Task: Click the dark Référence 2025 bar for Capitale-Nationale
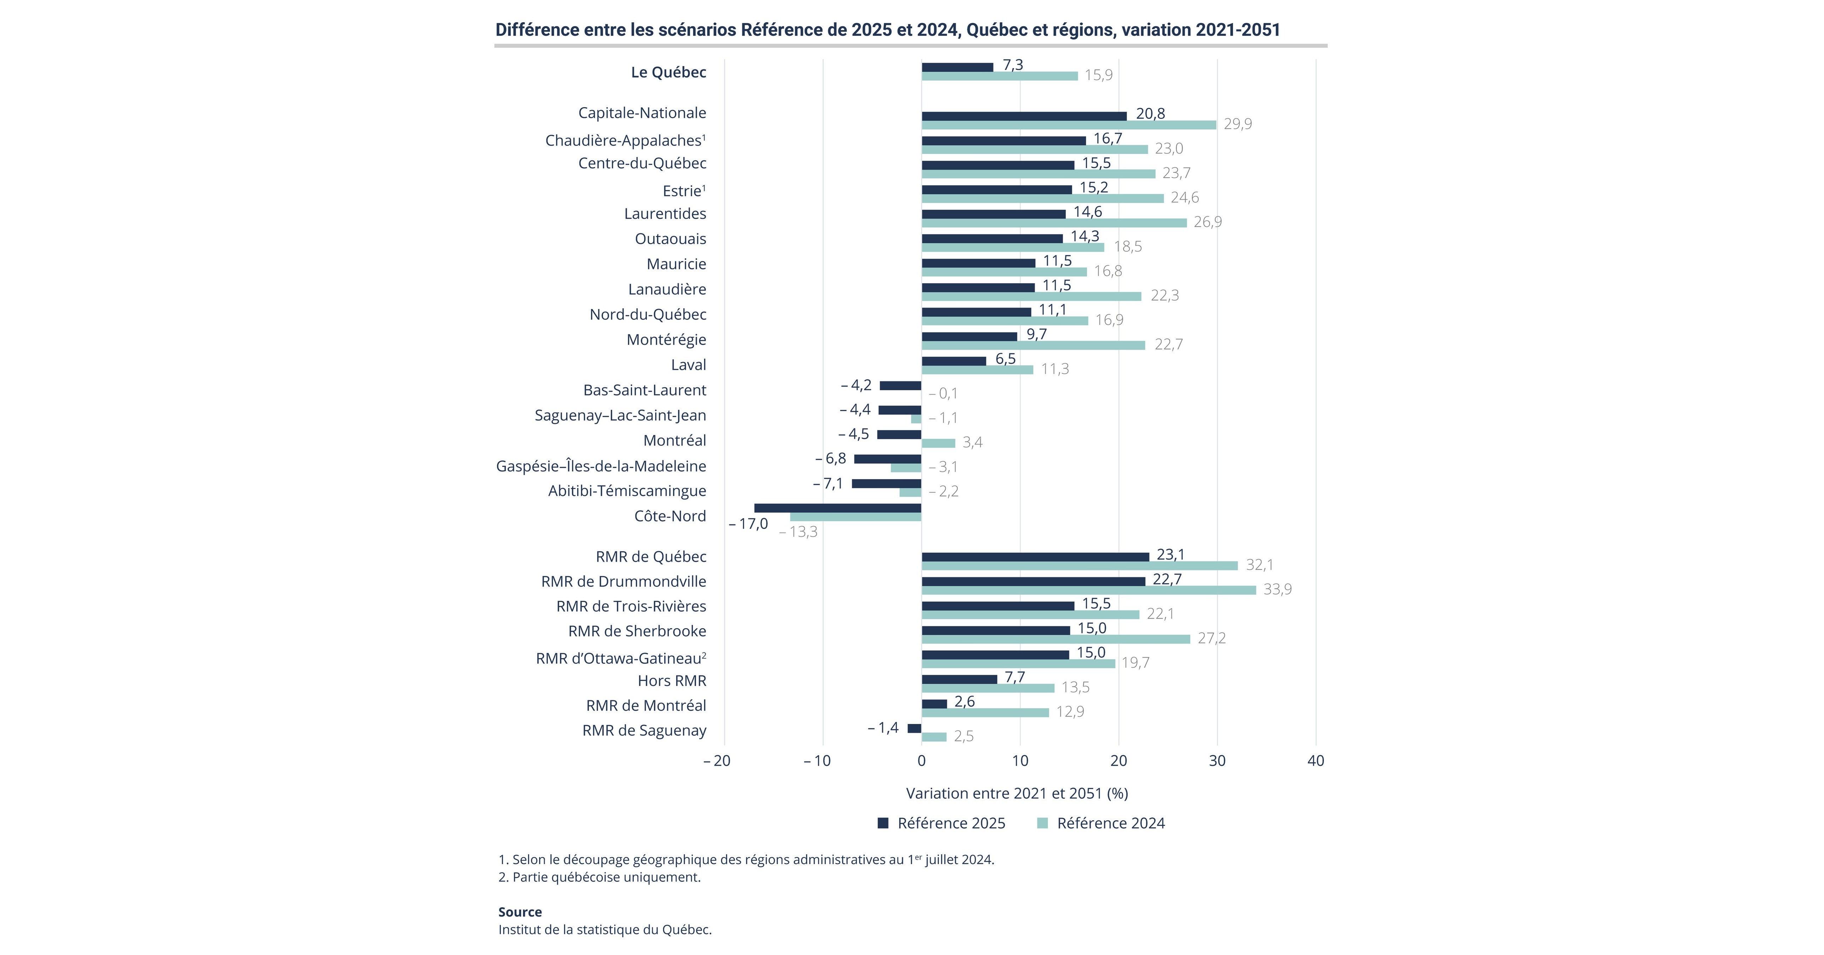tap(1024, 116)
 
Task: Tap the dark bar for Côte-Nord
tap(838, 508)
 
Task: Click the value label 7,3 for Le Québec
tap(1013, 64)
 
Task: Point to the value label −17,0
tap(748, 524)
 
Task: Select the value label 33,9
tap(1278, 589)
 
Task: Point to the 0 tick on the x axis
tap(921, 761)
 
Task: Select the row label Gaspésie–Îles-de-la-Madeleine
tap(601, 466)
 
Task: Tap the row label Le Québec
tap(668, 72)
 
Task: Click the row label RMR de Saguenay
tap(644, 730)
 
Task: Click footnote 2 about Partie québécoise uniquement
tap(600, 877)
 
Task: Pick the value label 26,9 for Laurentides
tap(1208, 222)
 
